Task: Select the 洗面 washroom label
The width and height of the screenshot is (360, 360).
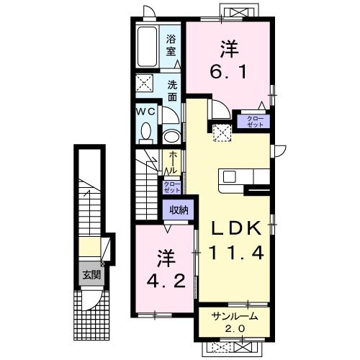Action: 173,90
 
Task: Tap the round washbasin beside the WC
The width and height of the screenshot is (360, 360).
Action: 172,136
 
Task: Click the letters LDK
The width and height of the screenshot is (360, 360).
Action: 238,229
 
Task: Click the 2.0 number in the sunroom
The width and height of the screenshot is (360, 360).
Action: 235,330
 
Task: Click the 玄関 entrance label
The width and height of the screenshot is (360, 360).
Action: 89,274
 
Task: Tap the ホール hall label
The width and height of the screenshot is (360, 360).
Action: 172,162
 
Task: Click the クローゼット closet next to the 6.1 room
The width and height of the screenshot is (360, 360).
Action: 256,121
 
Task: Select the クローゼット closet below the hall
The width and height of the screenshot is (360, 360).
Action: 172,187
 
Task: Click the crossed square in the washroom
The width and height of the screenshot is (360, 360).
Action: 145,85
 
